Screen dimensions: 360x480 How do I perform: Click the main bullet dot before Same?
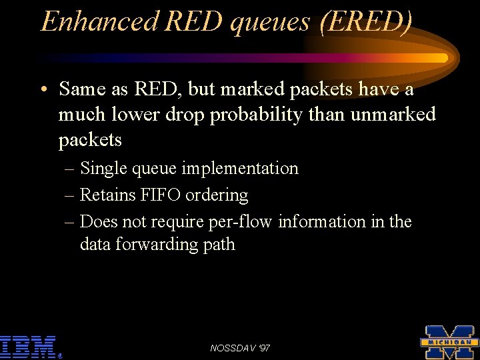tap(43, 90)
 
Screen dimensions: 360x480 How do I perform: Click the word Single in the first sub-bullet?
tap(104, 169)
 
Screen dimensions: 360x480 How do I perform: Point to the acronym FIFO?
tap(160, 195)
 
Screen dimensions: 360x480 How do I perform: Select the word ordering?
tap(217, 196)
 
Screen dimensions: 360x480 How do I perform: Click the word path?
tap(219, 245)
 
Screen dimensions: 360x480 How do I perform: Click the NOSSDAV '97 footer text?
tap(240, 348)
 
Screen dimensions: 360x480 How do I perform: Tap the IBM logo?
tap(28, 347)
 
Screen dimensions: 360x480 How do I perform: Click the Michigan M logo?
tap(449, 342)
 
